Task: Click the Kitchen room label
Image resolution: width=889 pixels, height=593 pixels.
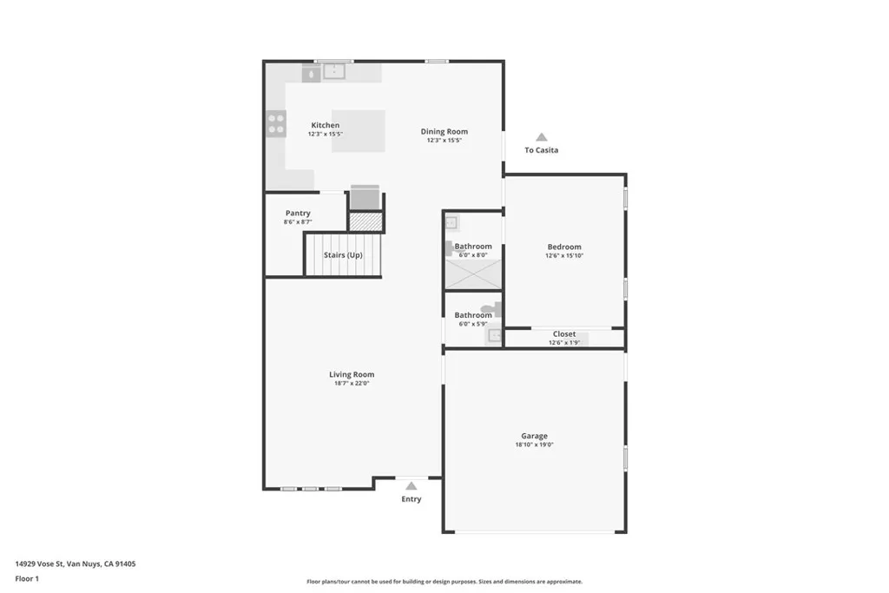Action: [326, 126]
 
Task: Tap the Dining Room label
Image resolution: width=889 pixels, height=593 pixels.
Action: [444, 132]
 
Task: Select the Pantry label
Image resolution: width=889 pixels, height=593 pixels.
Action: [298, 214]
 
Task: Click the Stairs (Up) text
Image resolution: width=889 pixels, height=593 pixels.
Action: [343, 255]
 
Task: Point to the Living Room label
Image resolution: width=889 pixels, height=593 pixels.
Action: [352, 375]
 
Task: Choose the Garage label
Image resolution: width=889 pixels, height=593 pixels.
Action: [534, 437]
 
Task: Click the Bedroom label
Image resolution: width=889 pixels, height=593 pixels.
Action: [564, 247]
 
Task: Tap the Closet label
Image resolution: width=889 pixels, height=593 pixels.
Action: [564, 334]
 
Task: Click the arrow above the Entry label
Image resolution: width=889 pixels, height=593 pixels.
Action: [411, 486]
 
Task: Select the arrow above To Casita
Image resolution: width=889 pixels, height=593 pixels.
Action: [541, 137]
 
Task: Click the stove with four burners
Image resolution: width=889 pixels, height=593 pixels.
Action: [276, 124]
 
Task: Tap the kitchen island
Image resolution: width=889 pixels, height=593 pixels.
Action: [358, 131]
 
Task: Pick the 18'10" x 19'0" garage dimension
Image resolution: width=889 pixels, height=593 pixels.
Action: [534, 445]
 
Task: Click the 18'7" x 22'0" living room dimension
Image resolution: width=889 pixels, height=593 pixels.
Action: [352, 383]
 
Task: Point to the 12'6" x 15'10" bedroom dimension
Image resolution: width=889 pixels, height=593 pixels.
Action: [564, 255]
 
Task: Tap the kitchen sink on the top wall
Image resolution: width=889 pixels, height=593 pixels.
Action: [334, 72]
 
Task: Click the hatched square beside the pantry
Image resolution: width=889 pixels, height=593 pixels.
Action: [365, 221]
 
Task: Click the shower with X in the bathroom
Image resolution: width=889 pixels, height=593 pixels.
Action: [473, 273]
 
